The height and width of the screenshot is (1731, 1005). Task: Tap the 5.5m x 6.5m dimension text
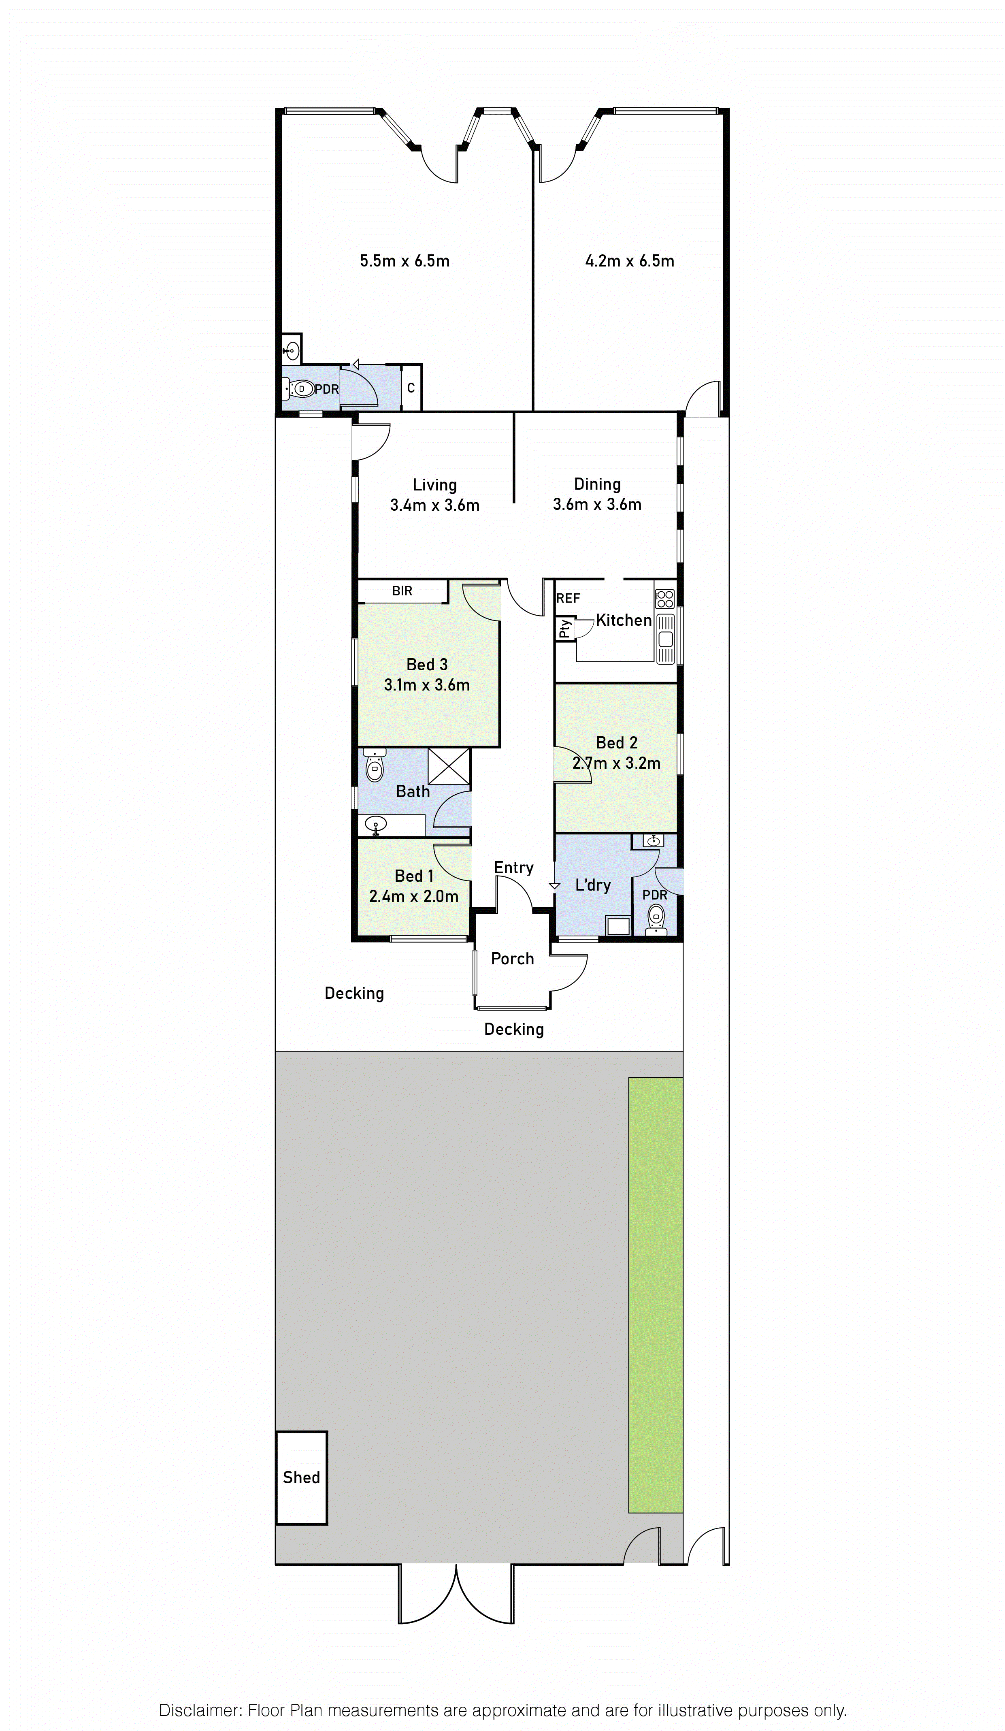pos(405,261)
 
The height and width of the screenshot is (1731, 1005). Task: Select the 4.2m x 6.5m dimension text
pos(629,261)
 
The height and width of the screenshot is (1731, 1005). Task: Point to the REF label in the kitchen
pos(568,598)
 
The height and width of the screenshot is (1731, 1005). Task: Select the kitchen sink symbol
pos(665,639)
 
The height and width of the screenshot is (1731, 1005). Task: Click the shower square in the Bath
pos(449,766)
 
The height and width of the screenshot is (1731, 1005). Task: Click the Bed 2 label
pos(616,742)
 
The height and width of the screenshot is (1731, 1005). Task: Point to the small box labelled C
pos(411,388)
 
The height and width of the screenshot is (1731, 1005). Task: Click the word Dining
pos(597,484)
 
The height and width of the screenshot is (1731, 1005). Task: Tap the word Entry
pos(513,868)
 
